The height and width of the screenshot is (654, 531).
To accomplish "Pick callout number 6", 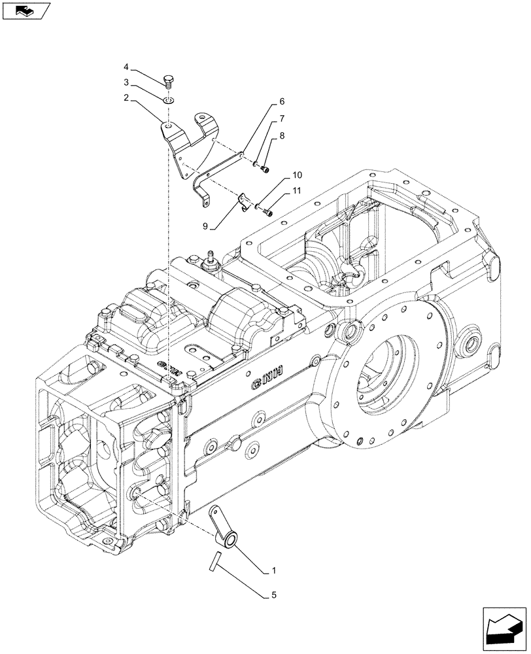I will click(282, 102).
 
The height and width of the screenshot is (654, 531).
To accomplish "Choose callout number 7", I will click(282, 119).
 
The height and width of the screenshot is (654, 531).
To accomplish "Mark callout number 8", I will click(282, 136).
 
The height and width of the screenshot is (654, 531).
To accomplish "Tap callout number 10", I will click(298, 175).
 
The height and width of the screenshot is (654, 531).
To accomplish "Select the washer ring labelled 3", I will click(168, 100).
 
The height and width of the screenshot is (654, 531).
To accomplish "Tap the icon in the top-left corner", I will click(26, 10).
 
